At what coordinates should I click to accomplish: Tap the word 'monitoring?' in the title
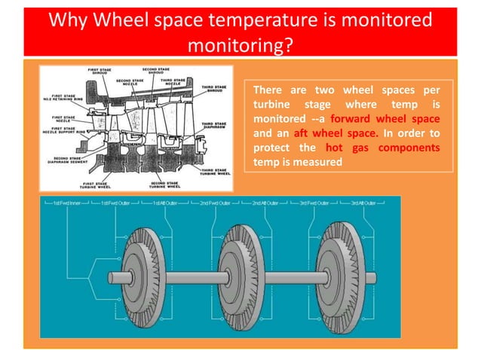click(x=240, y=44)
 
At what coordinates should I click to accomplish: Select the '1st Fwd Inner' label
click(x=66, y=204)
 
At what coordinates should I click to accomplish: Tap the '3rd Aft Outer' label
click(x=365, y=204)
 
